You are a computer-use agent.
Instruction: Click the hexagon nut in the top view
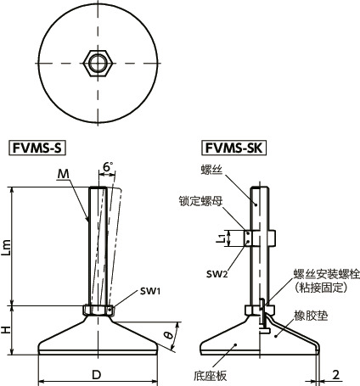click(97, 62)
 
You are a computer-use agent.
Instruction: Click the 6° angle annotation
click(106, 167)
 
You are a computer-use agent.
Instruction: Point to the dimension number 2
click(337, 374)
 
